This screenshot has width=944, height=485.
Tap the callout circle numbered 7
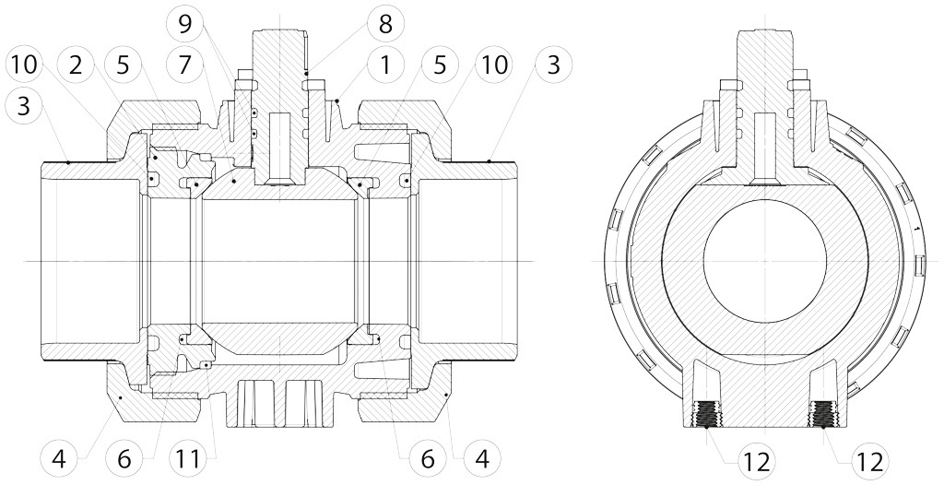(x=186, y=65)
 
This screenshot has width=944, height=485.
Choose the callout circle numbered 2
(x=77, y=65)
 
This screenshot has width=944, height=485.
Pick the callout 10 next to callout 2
(x=24, y=65)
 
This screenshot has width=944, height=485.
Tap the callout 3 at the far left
(x=24, y=106)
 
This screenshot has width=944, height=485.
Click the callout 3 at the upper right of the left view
(x=552, y=65)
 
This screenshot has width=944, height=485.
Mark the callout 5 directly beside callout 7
(x=133, y=65)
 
